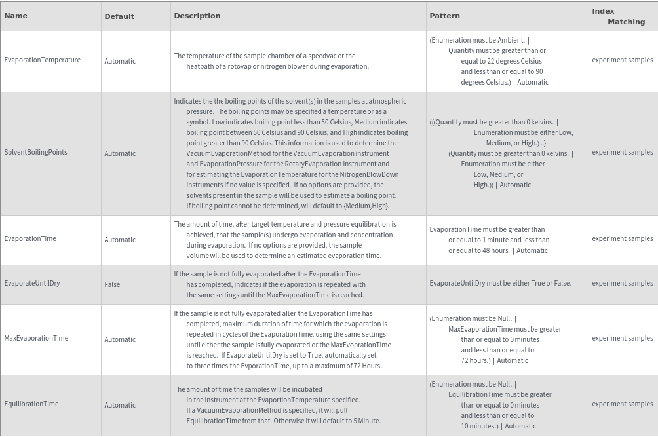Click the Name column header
[16, 16]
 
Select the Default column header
[119, 16]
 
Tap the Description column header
[197, 16]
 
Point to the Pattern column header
[444, 16]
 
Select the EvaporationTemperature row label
[43, 60]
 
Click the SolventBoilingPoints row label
[35, 152]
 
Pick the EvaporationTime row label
[30, 238]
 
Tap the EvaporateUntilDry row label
[32, 283]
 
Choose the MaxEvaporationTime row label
[36, 338]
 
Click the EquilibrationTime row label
[31, 404]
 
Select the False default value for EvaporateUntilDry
[112, 284]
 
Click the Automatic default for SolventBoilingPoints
[120, 153]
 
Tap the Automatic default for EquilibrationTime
[120, 405]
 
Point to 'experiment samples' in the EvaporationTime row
[622, 238]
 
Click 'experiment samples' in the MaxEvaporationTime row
[622, 338]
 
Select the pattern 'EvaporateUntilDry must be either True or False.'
[500, 283]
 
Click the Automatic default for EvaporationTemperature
[120, 61]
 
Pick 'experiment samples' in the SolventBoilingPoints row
[622, 152]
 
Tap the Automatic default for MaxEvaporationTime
[120, 339]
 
